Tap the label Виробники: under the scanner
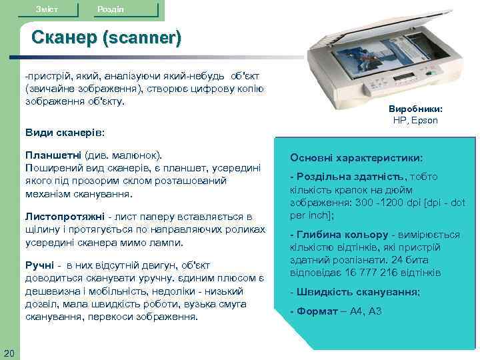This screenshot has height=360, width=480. tap(415, 108)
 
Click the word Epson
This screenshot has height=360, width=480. tap(425, 121)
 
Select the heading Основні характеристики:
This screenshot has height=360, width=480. tap(356, 158)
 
